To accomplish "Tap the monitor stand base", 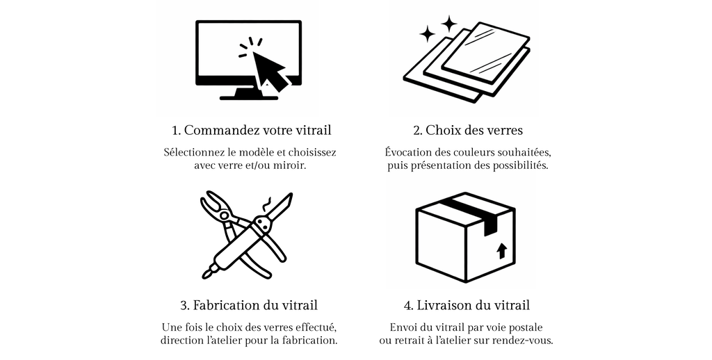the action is [x=248, y=97].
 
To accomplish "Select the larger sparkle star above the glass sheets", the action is [x=449, y=24].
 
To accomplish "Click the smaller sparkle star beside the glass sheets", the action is [x=427, y=33].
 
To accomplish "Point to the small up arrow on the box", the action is [x=501, y=251].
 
